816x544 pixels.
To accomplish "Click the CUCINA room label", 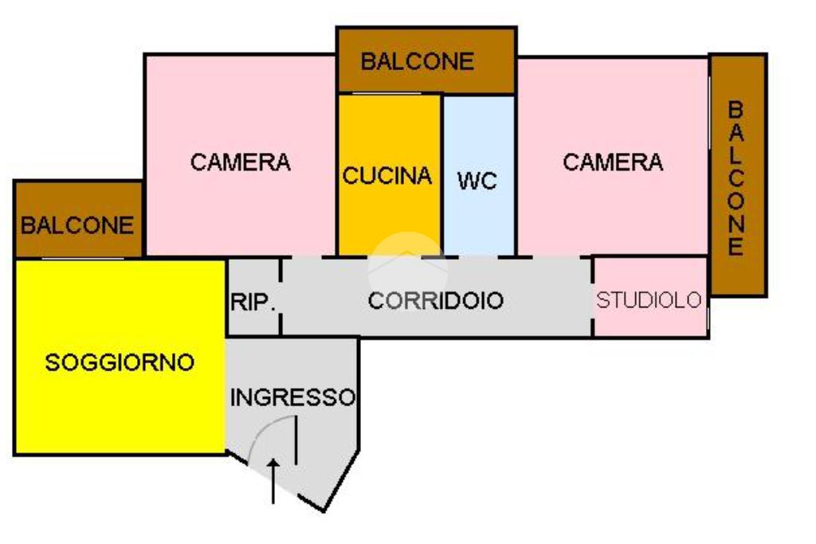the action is pyautogui.click(x=387, y=175).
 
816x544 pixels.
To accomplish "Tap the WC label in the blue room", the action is pyautogui.click(x=477, y=181).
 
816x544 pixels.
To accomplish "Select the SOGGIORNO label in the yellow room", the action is pyautogui.click(x=120, y=362).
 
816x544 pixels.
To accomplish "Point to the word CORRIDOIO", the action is pyautogui.click(x=435, y=301).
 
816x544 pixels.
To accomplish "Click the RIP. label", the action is pyautogui.click(x=253, y=303).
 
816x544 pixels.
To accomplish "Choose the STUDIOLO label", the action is pyautogui.click(x=649, y=300).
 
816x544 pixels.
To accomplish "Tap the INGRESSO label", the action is pyautogui.click(x=292, y=397).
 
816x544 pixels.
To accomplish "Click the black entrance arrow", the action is pyautogui.click(x=273, y=479).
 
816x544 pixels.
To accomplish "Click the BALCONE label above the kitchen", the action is pyautogui.click(x=418, y=61).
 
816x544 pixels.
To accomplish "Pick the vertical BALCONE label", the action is pyautogui.click(x=736, y=178).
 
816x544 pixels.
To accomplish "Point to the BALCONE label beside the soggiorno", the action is pyautogui.click(x=77, y=225).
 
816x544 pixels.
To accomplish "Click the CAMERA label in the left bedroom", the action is pyautogui.click(x=240, y=162).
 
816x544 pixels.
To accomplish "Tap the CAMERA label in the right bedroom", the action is pyautogui.click(x=613, y=162).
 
